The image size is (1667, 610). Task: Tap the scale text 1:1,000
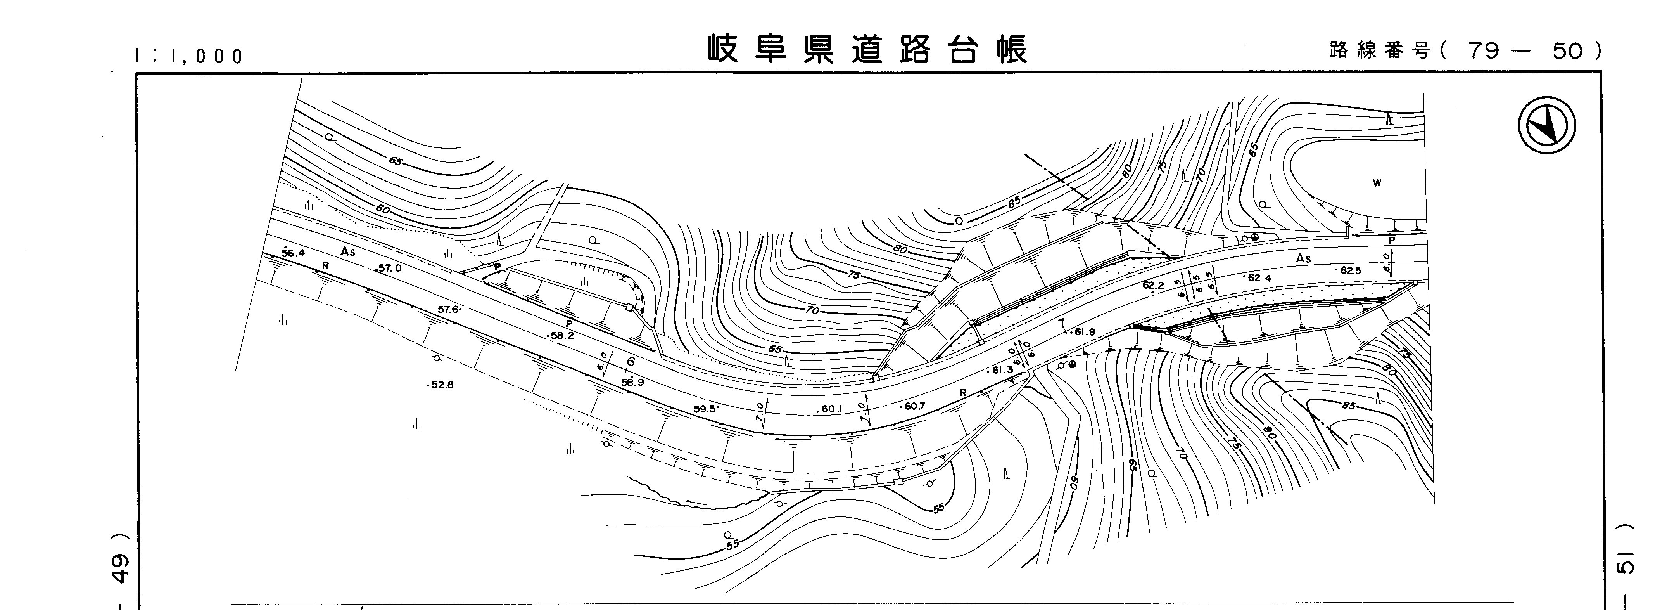pos(188,56)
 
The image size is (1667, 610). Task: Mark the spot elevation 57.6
pos(449,310)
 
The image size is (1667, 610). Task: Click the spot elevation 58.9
pos(632,382)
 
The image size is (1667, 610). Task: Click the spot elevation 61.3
pos(1002,370)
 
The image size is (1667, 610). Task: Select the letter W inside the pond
pos(1377,183)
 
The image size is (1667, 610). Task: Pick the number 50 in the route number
pos(1566,50)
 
